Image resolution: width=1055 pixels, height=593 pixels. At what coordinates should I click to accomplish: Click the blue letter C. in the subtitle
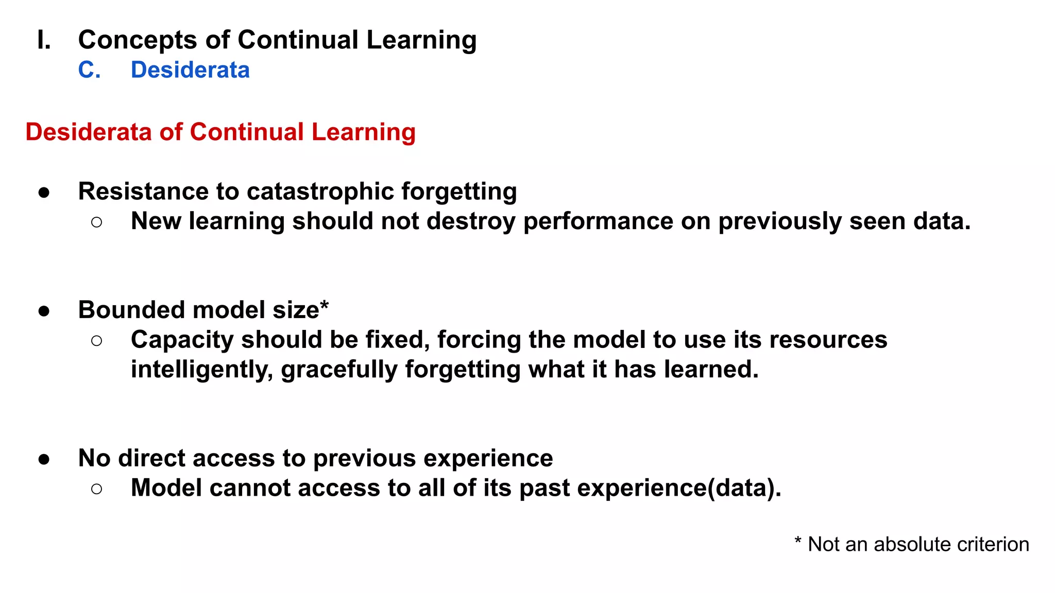click(89, 70)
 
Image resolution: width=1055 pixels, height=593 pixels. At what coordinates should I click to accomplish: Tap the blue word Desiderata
click(190, 70)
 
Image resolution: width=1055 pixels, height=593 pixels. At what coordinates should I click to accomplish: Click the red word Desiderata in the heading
click(88, 132)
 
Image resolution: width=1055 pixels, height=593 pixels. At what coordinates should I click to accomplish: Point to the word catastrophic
click(320, 191)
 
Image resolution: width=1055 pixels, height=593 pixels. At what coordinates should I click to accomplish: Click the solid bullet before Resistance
click(44, 193)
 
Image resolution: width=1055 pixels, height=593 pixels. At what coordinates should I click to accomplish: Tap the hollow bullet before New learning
click(96, 222)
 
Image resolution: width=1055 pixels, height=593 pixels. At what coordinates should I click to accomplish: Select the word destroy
click(471, 221)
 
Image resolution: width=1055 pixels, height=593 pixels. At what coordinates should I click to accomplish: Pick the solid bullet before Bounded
click(44, 311)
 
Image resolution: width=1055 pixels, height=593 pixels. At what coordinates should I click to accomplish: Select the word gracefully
click(339, 370)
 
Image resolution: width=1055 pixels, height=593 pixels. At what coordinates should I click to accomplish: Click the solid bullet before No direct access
click(44, 459)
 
